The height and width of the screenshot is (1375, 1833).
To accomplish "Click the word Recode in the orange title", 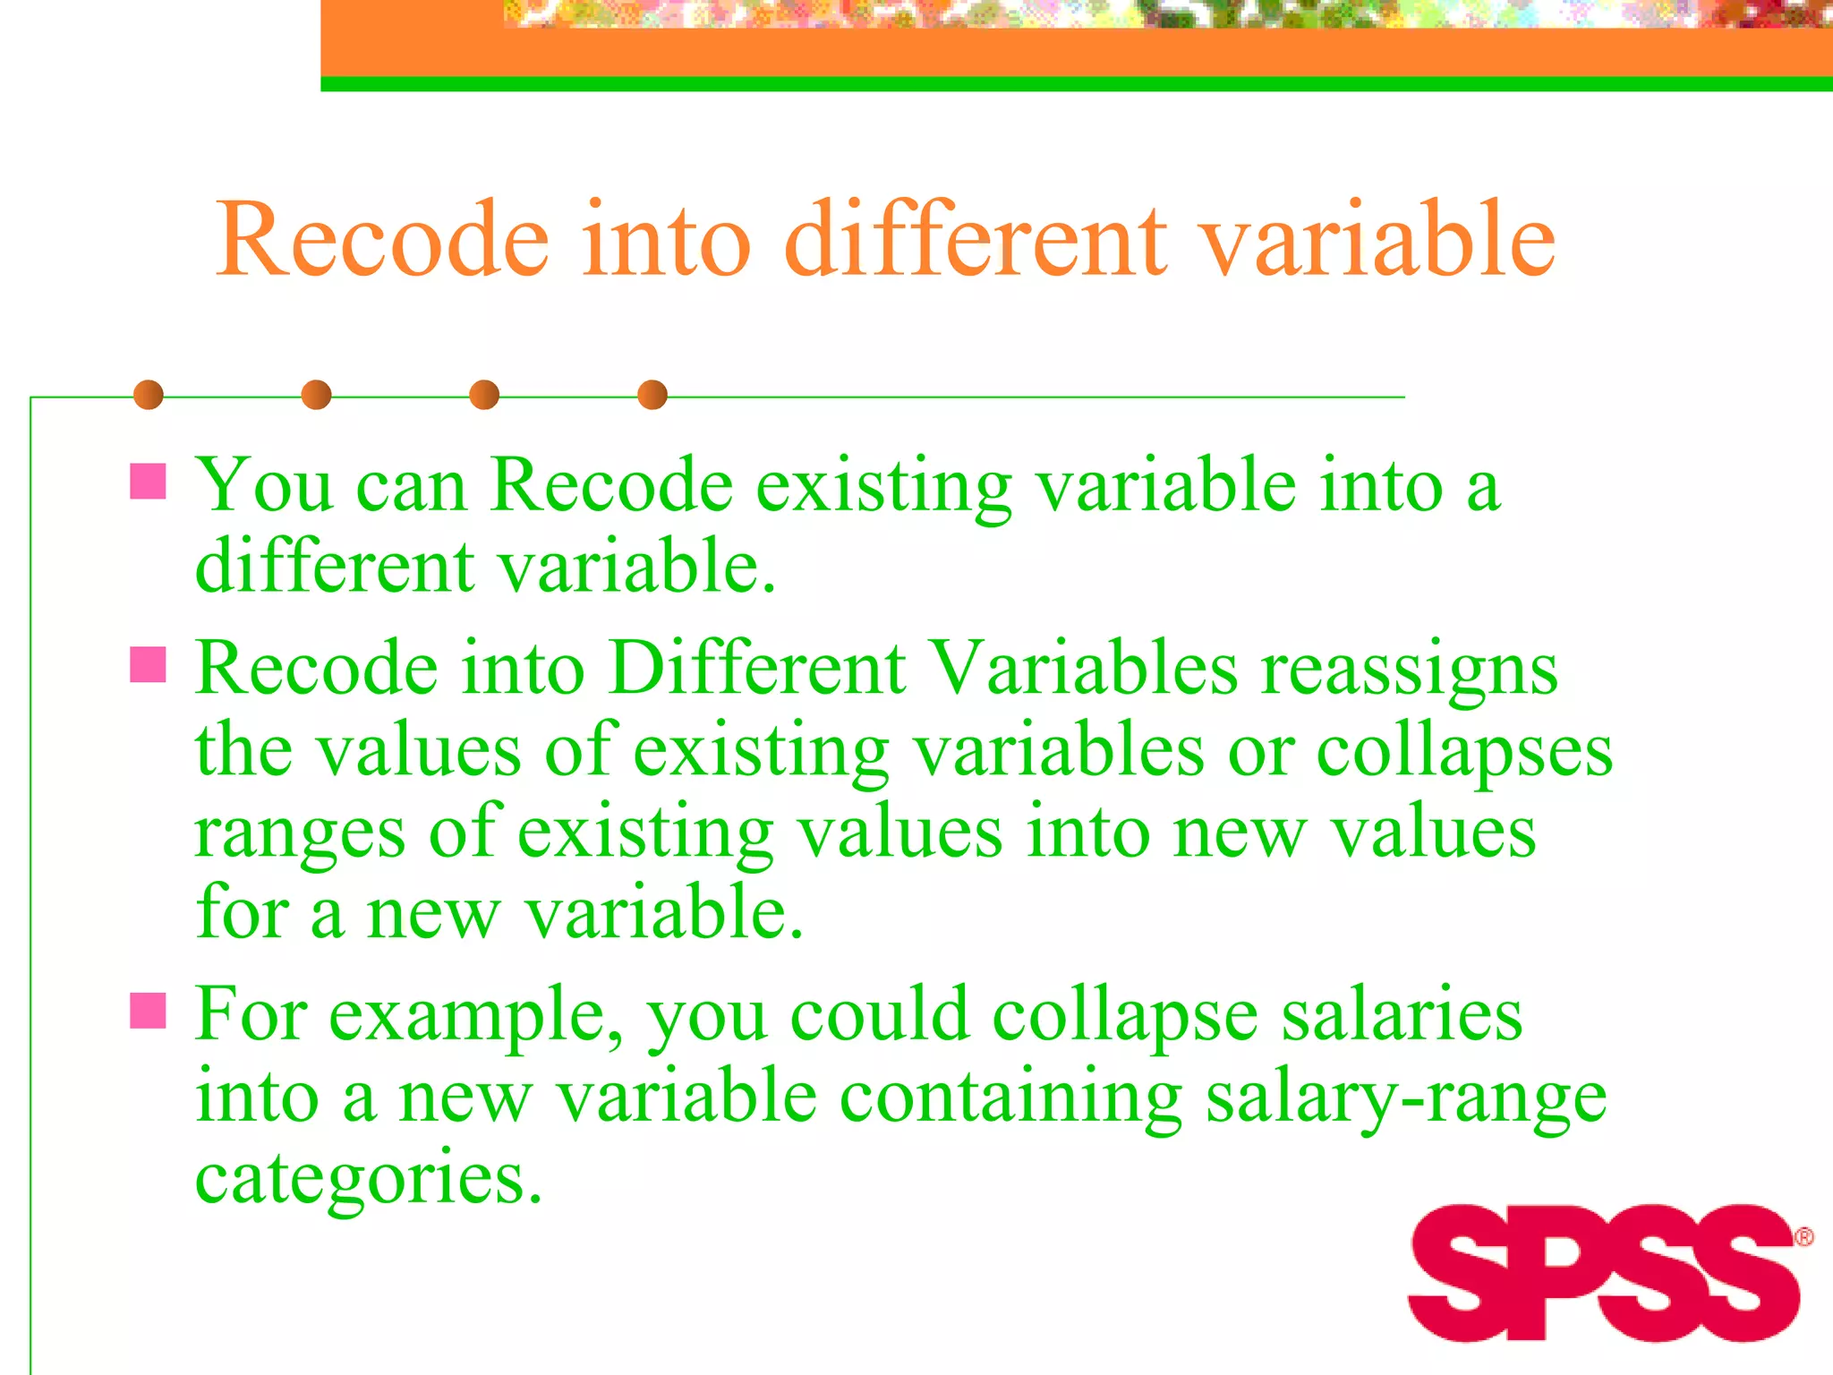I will pos(382,239).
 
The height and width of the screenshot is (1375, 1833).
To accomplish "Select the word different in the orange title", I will pos(976,239).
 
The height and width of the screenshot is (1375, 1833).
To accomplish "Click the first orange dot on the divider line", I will pos(149,395).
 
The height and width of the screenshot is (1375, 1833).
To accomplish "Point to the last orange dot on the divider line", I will pos(652,395).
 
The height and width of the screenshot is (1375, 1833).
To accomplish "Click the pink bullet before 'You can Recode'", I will pos(149,481).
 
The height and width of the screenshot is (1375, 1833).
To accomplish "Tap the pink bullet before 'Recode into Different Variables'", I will pos(149,665).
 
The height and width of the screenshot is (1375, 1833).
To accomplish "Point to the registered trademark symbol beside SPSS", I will pos(1804,1237).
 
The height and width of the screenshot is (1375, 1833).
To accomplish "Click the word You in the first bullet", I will pos(265,486).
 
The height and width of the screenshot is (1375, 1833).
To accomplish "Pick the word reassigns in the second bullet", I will pos(1410,670).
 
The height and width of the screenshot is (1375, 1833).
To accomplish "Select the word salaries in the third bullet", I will pos(1402,1016).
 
